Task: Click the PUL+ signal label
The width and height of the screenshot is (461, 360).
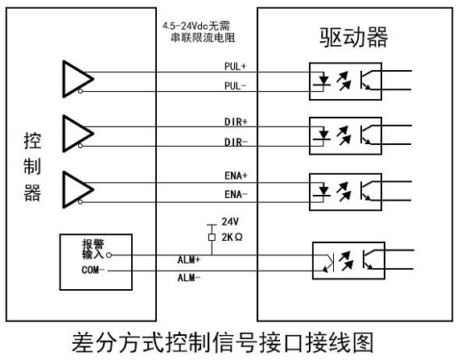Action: click(x=235, y=66)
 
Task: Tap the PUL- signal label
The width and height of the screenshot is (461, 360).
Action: click(x=235, y=86)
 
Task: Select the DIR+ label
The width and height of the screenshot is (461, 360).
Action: click(x=236, y=122)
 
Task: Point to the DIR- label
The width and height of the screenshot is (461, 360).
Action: click(x=236, y=143)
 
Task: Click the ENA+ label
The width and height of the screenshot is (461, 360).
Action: click(x=236, y=176)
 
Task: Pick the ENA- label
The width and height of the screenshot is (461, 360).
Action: click(x=236, y=194)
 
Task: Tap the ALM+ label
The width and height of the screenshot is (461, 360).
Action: click(x=189, y=259)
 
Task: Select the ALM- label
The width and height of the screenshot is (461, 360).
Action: click(x=189, y=278)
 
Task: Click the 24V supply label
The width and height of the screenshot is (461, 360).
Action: click(x=230, y=221)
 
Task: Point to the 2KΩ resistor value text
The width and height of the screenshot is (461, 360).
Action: click(x=232, y=238)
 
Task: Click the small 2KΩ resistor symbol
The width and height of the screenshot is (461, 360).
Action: click(x=212, y=237)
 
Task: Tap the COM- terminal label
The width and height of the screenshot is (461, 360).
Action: click(x=93, y=270)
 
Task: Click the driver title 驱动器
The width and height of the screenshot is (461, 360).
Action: click(x=354, y=37)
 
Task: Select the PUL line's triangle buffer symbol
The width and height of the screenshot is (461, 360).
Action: click(x=78, y=79)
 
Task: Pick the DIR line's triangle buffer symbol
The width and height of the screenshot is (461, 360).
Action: click(x=78, y=134)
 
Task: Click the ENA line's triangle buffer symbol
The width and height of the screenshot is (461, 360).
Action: click(x=78, y=189)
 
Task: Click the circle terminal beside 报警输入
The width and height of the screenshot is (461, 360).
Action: click(x=109, y=255)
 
